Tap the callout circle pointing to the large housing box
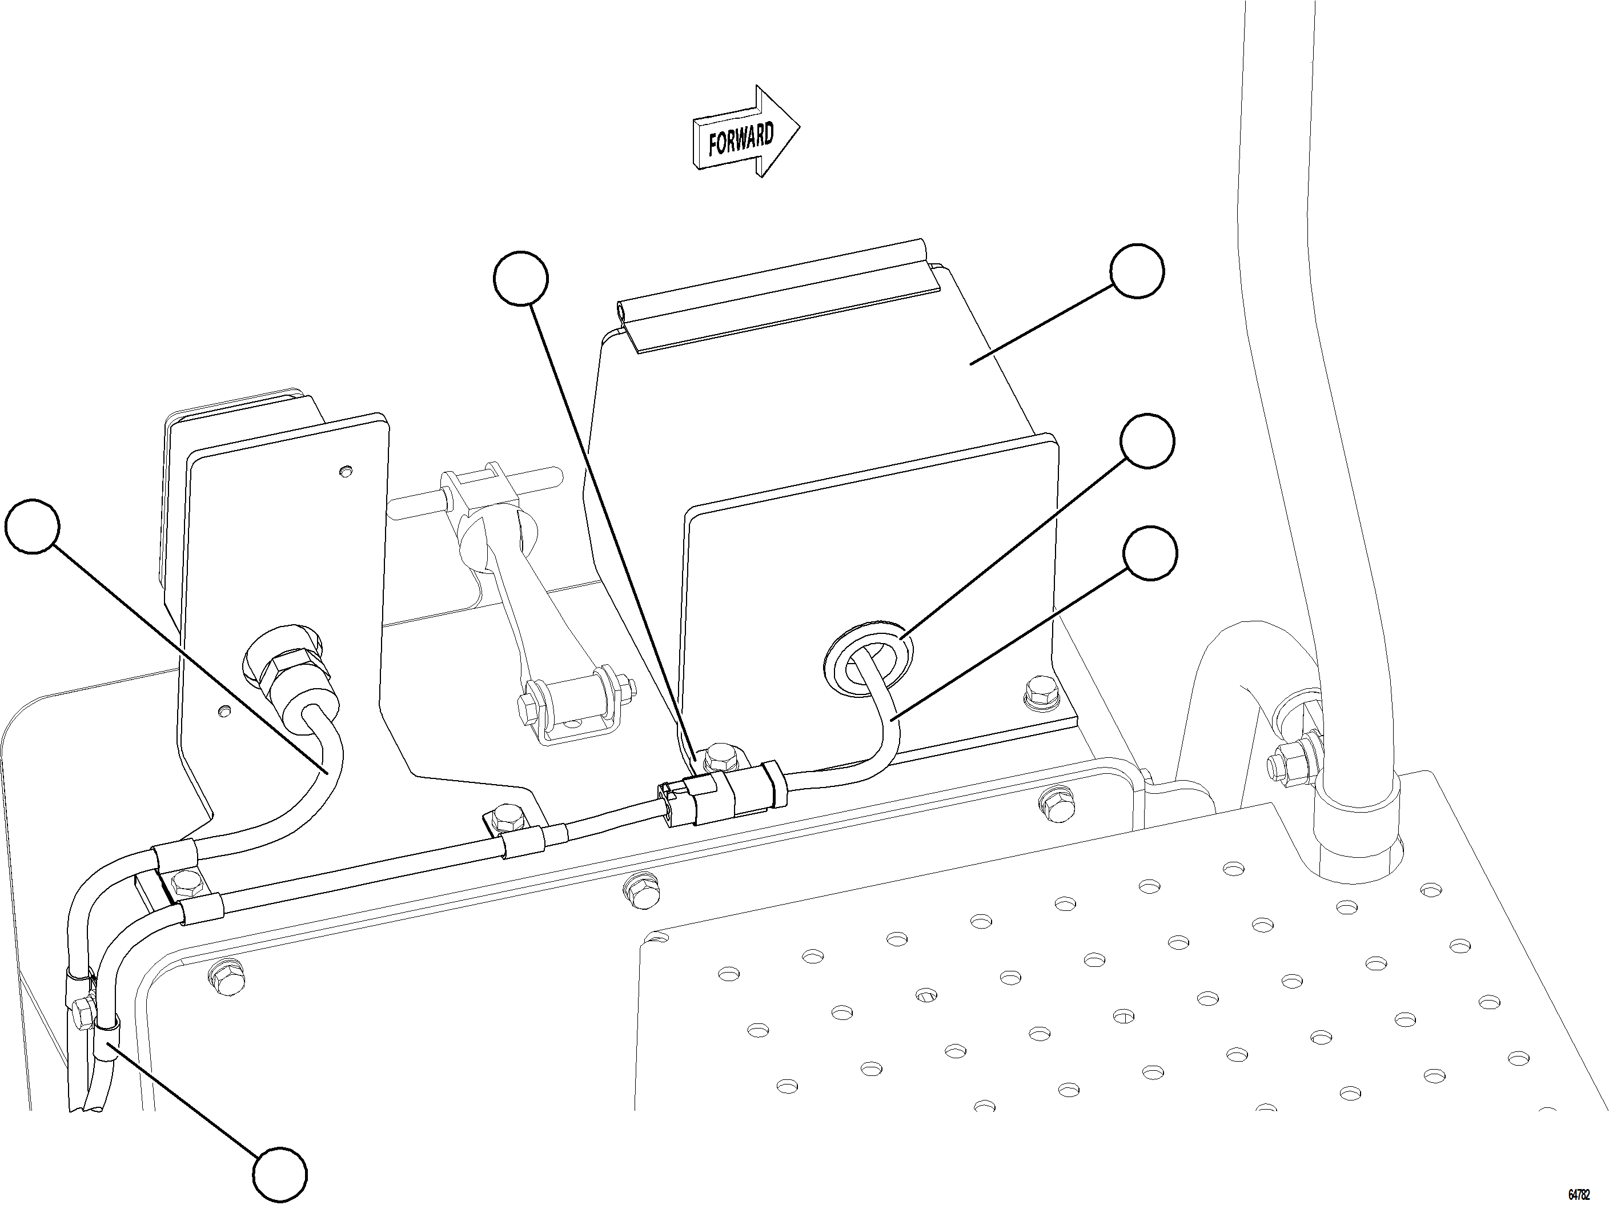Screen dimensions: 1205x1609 pos(1137,271)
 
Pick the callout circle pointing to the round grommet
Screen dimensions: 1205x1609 pos(1147,441)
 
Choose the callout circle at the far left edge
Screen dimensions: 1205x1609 pos(31,526)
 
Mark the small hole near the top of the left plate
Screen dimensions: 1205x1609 pos(345,471)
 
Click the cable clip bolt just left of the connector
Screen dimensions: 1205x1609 pos(504,820)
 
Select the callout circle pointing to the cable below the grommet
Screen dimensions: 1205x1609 pos(1149,553)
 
